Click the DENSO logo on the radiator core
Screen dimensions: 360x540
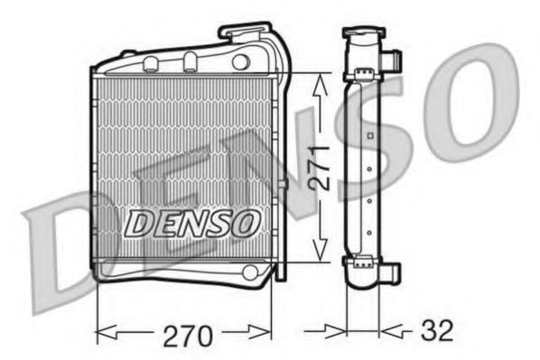192,222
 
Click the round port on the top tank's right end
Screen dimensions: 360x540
240,62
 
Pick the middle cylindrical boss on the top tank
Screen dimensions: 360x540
191,61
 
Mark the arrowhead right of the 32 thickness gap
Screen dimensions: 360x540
387,333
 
